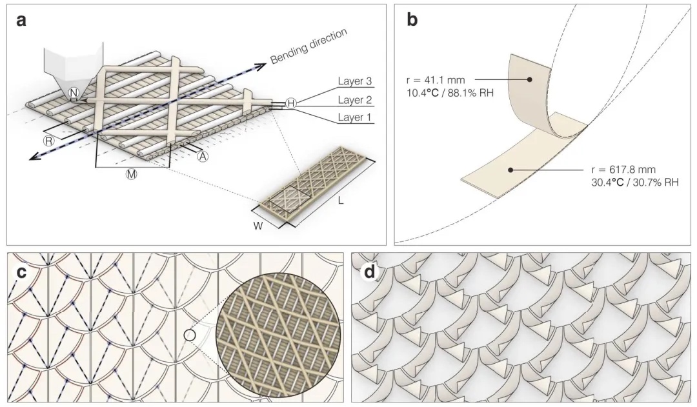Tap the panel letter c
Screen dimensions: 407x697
[21, 271]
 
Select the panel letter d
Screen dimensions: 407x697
[369, 271]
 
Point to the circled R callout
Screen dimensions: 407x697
[48, 140]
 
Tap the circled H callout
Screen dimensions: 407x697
[291, 103]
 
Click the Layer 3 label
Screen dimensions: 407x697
[356, 82]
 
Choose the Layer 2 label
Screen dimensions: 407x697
[356, 100]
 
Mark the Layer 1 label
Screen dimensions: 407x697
[356, 118]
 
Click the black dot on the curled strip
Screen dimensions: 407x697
[529, 79]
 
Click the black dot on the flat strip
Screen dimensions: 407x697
[510, 170]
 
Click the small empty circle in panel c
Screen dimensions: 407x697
[188, 335]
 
